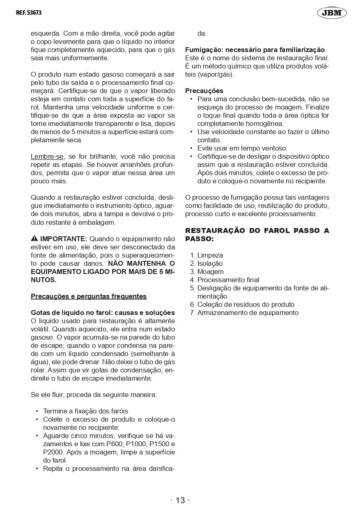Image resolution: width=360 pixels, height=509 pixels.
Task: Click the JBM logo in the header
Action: (332, 13)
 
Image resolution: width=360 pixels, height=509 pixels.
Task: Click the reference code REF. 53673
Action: (29, 13)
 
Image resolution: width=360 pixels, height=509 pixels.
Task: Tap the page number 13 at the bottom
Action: (180, 500)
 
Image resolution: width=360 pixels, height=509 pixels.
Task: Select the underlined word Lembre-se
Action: (47, 157)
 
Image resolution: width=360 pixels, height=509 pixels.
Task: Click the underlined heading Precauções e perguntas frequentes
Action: (89, 296)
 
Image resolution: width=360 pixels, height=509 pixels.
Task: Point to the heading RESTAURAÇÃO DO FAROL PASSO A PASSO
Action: (257, 235)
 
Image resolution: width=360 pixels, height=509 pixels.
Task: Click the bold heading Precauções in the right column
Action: (204, 91)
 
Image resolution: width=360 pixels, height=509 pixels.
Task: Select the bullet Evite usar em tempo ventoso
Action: (242, 148)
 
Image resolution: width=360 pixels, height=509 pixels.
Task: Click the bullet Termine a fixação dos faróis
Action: (85, 411)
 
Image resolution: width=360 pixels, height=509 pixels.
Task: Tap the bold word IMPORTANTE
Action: (63, 239)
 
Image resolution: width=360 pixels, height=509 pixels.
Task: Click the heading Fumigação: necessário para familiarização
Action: (255, 50)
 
